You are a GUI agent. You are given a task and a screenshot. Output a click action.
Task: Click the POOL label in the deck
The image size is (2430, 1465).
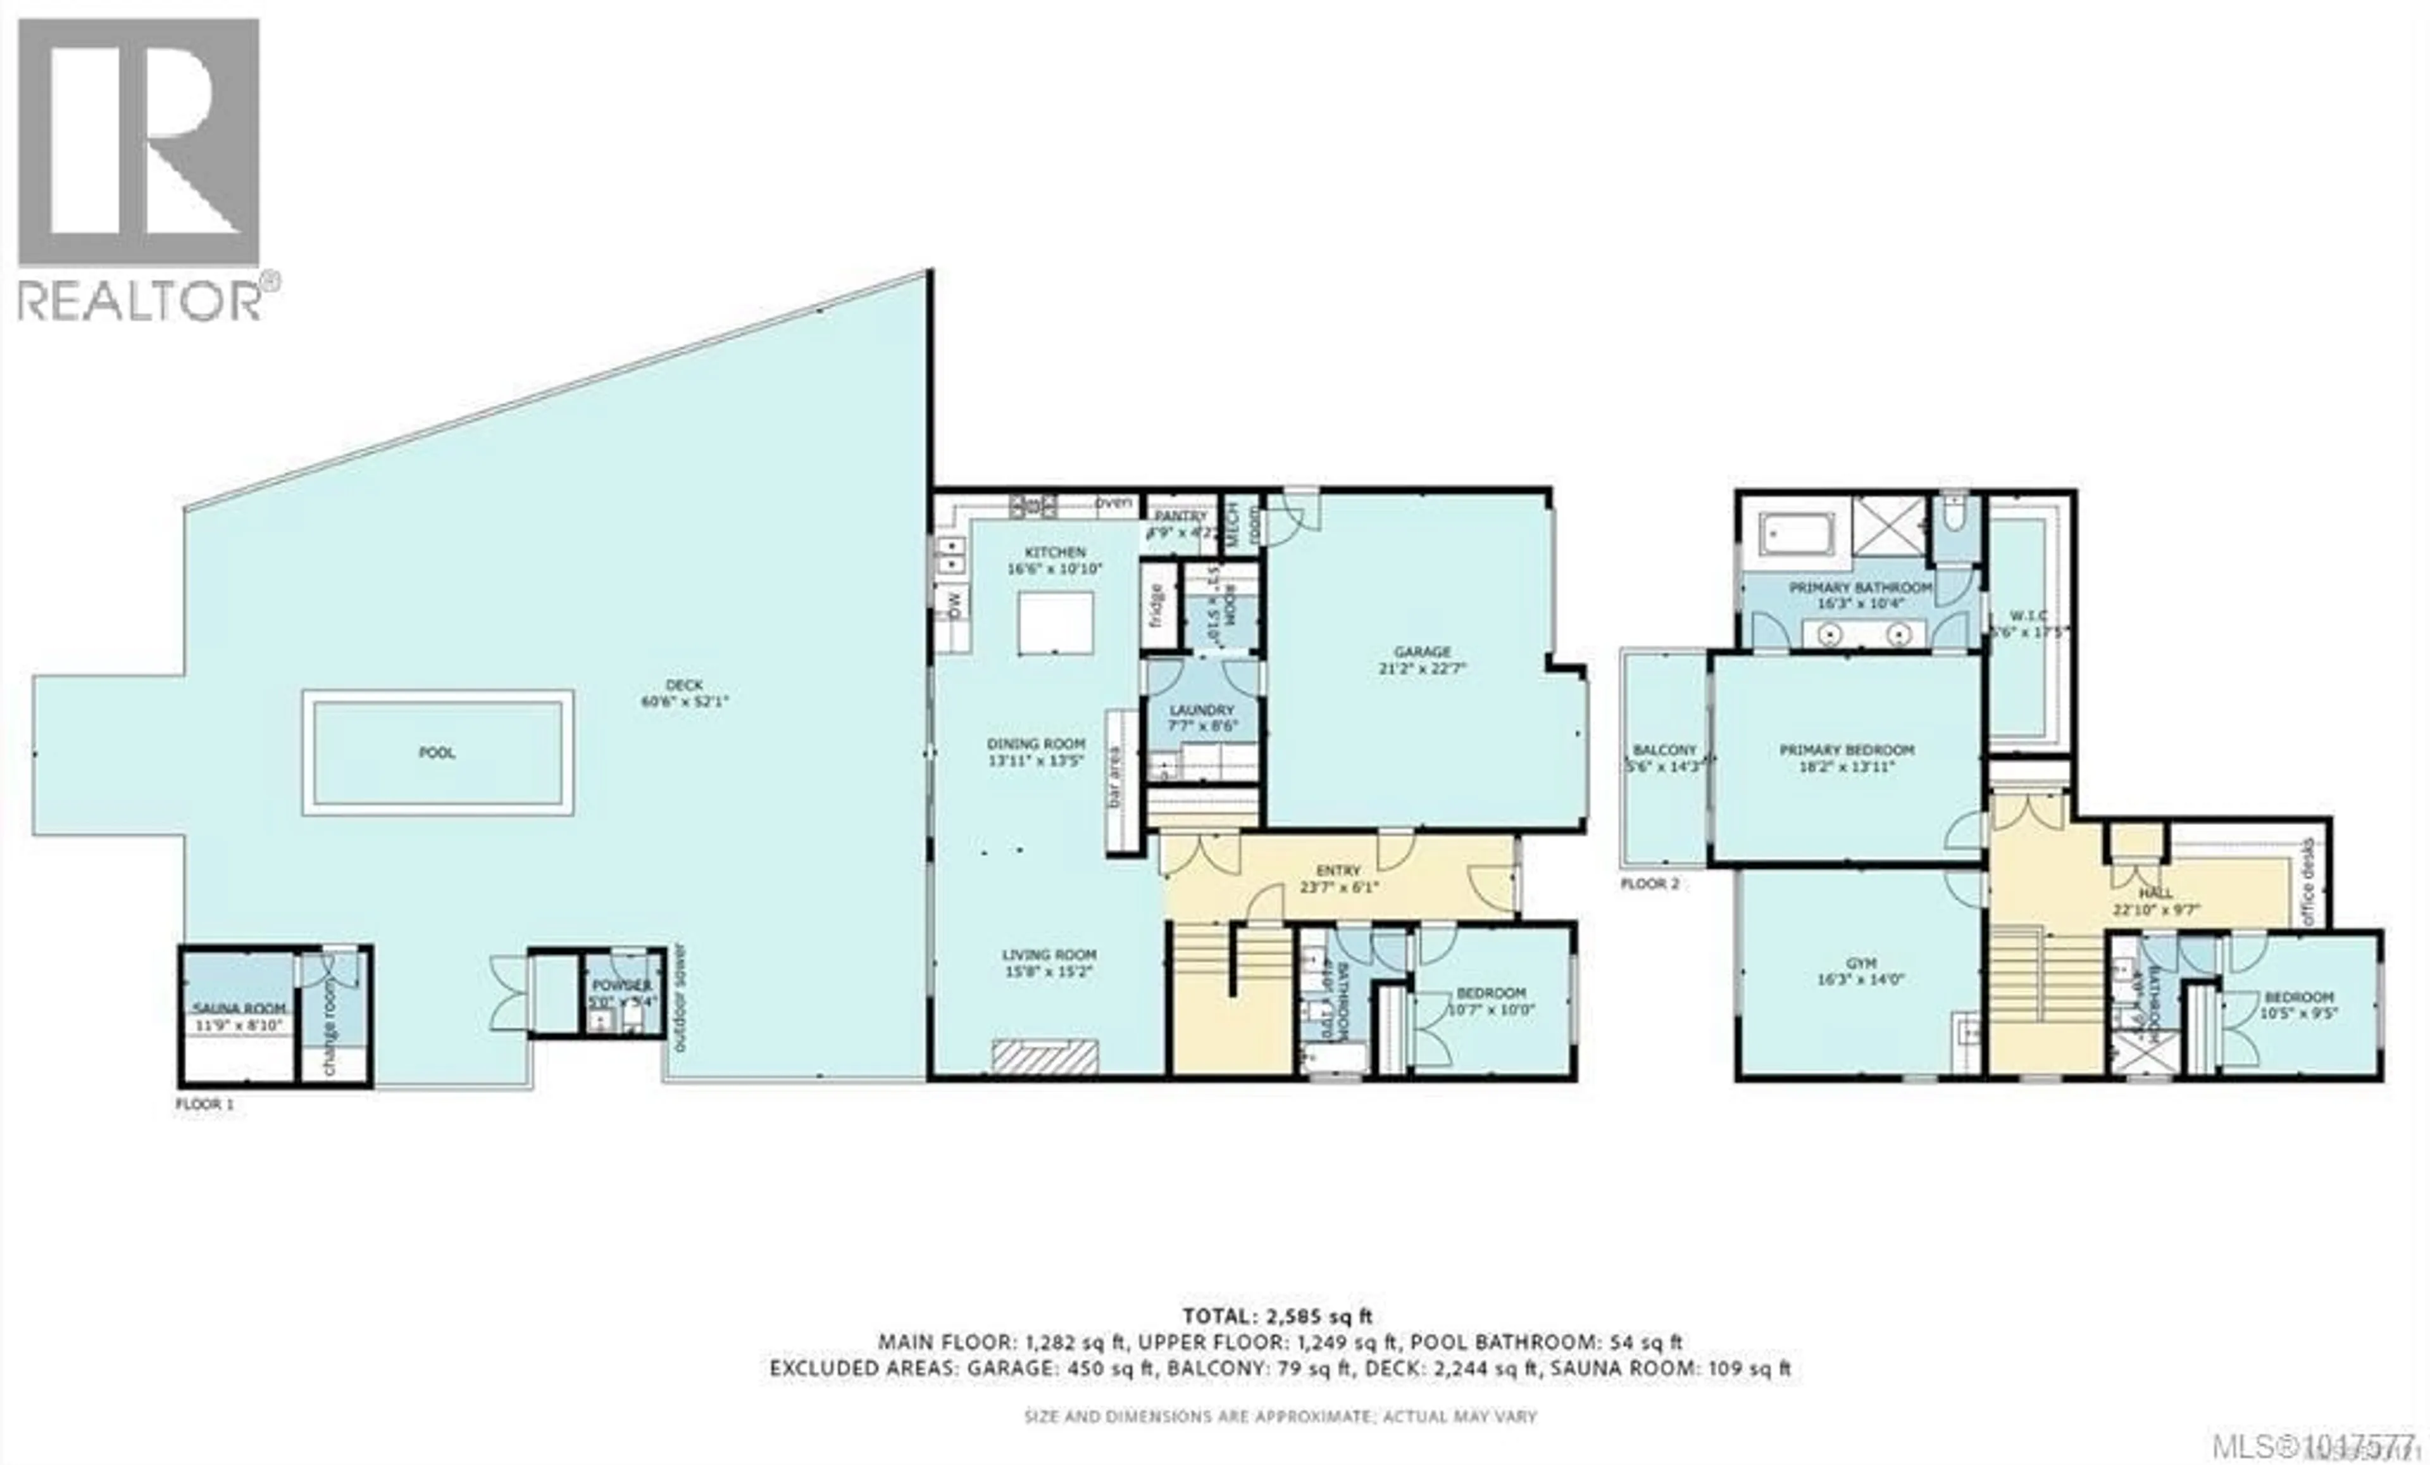pyautogui.click(x=437, y=753)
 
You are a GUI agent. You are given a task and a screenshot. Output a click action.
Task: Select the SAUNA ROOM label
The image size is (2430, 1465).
pyautogui.click(x=239, y=1009)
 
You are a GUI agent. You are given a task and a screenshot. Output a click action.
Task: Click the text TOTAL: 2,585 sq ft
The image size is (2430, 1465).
pyautogui.click(x=1277, y=1315)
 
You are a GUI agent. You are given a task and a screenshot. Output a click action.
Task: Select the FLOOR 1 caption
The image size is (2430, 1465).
pyautogui.click(x=204, y=1104)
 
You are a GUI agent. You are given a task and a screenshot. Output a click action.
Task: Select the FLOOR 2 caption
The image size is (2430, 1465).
pyautogui.click(x=1649, y=883)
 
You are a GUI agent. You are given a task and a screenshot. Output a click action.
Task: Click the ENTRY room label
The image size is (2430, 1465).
pyautogui.click(x=1338, y=870)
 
